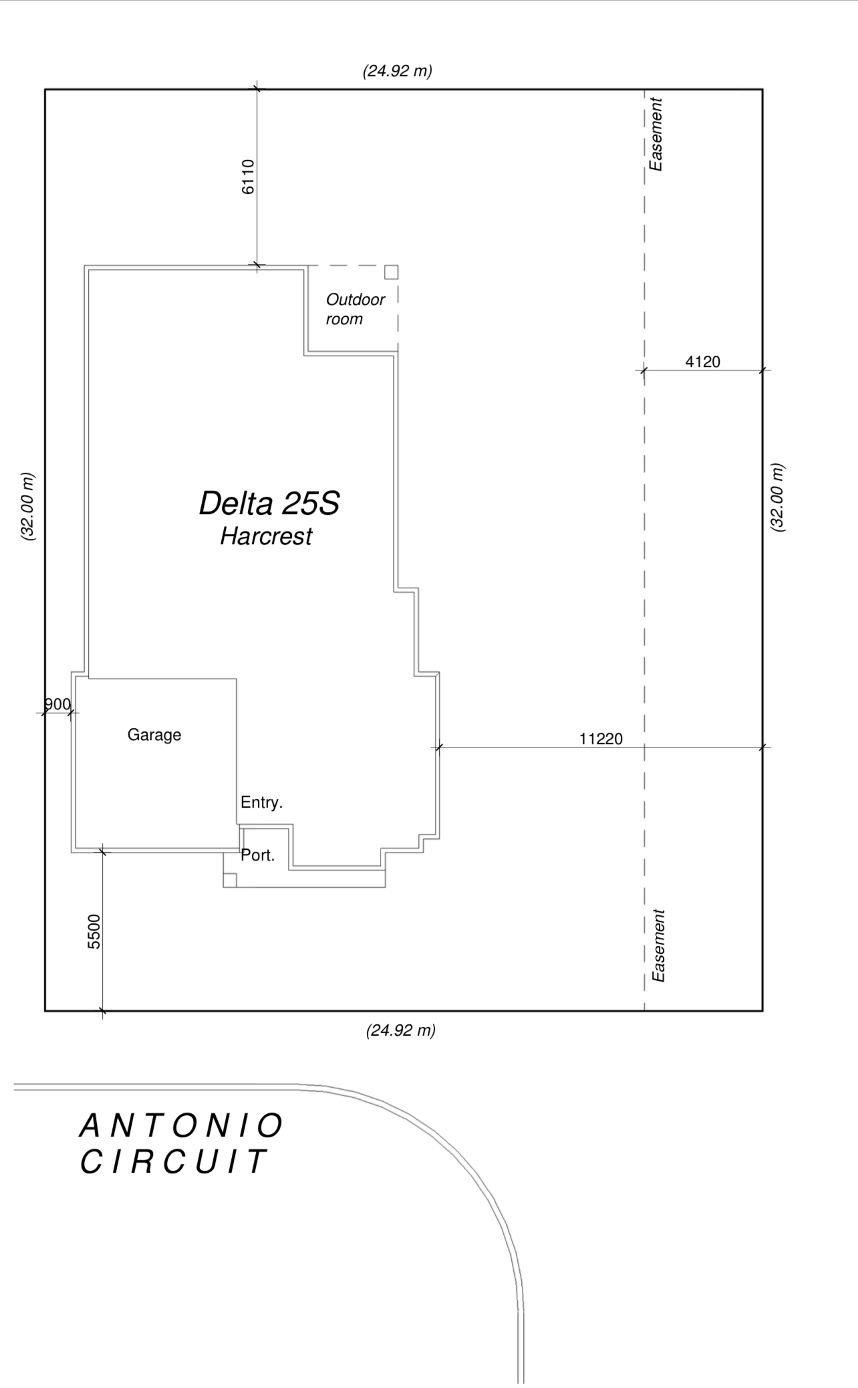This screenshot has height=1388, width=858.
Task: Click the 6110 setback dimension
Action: (248, 177)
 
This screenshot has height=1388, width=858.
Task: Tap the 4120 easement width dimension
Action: (703, 362)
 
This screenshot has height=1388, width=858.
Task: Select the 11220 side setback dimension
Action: (601, 739)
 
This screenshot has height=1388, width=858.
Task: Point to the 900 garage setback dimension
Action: (57, 704)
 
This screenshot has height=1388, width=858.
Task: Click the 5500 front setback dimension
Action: (94, 931)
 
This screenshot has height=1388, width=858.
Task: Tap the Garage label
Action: (154, 735)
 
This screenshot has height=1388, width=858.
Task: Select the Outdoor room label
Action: (355, 309)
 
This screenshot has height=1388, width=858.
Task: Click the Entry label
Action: (262, 802)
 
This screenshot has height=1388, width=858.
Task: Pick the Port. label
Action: (258, 855)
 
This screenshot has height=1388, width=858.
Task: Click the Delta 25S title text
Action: (269, 503)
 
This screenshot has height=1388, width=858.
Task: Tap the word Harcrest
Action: (266, 536)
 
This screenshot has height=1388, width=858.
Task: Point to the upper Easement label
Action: (657, 134)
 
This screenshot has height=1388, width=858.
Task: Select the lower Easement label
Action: (659, 945)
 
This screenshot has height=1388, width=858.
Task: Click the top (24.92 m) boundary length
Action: (398, 71)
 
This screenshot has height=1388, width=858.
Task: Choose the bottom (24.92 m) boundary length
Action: (401, 1030)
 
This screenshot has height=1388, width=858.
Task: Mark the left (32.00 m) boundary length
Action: (28, 507)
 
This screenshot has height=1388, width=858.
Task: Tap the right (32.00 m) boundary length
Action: (778, 497)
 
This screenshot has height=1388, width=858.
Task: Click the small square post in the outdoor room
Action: (392, 272)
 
